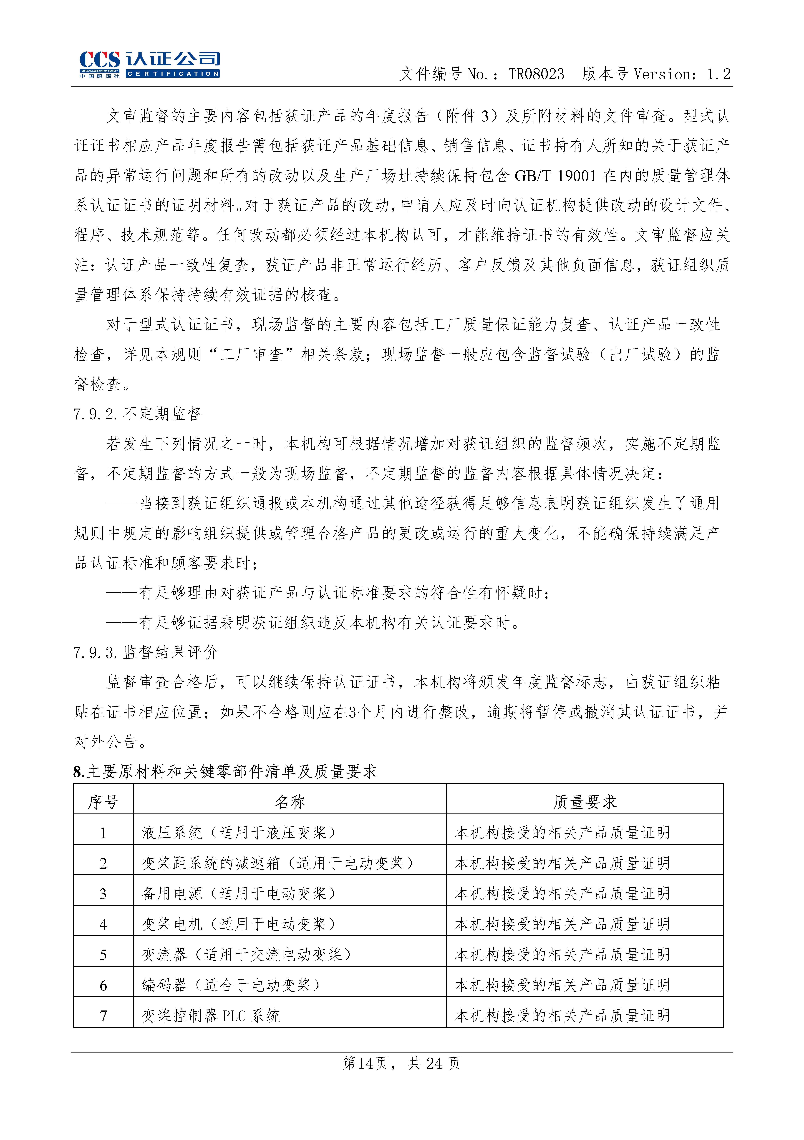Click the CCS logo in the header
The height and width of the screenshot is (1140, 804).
pyautogui.click(x=149, y=65)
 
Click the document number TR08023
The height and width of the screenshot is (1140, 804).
pyautogui.click(x=536, y=75)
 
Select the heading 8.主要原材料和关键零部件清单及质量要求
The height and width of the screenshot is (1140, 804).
pyautogui.click(x=225, y=771)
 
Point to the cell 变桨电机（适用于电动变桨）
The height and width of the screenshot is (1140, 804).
pyautogui.click(x=239, y=924)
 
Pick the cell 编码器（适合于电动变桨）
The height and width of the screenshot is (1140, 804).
pyautogui.click(x=231, y=985)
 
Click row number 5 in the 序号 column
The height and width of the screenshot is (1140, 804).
pyautogui.click(x=103, y=955)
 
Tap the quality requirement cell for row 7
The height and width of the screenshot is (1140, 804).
pyautogui.click(x=562, y=1016)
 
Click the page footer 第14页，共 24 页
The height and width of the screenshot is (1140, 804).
pyautogui.click(x=401, y=1063)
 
